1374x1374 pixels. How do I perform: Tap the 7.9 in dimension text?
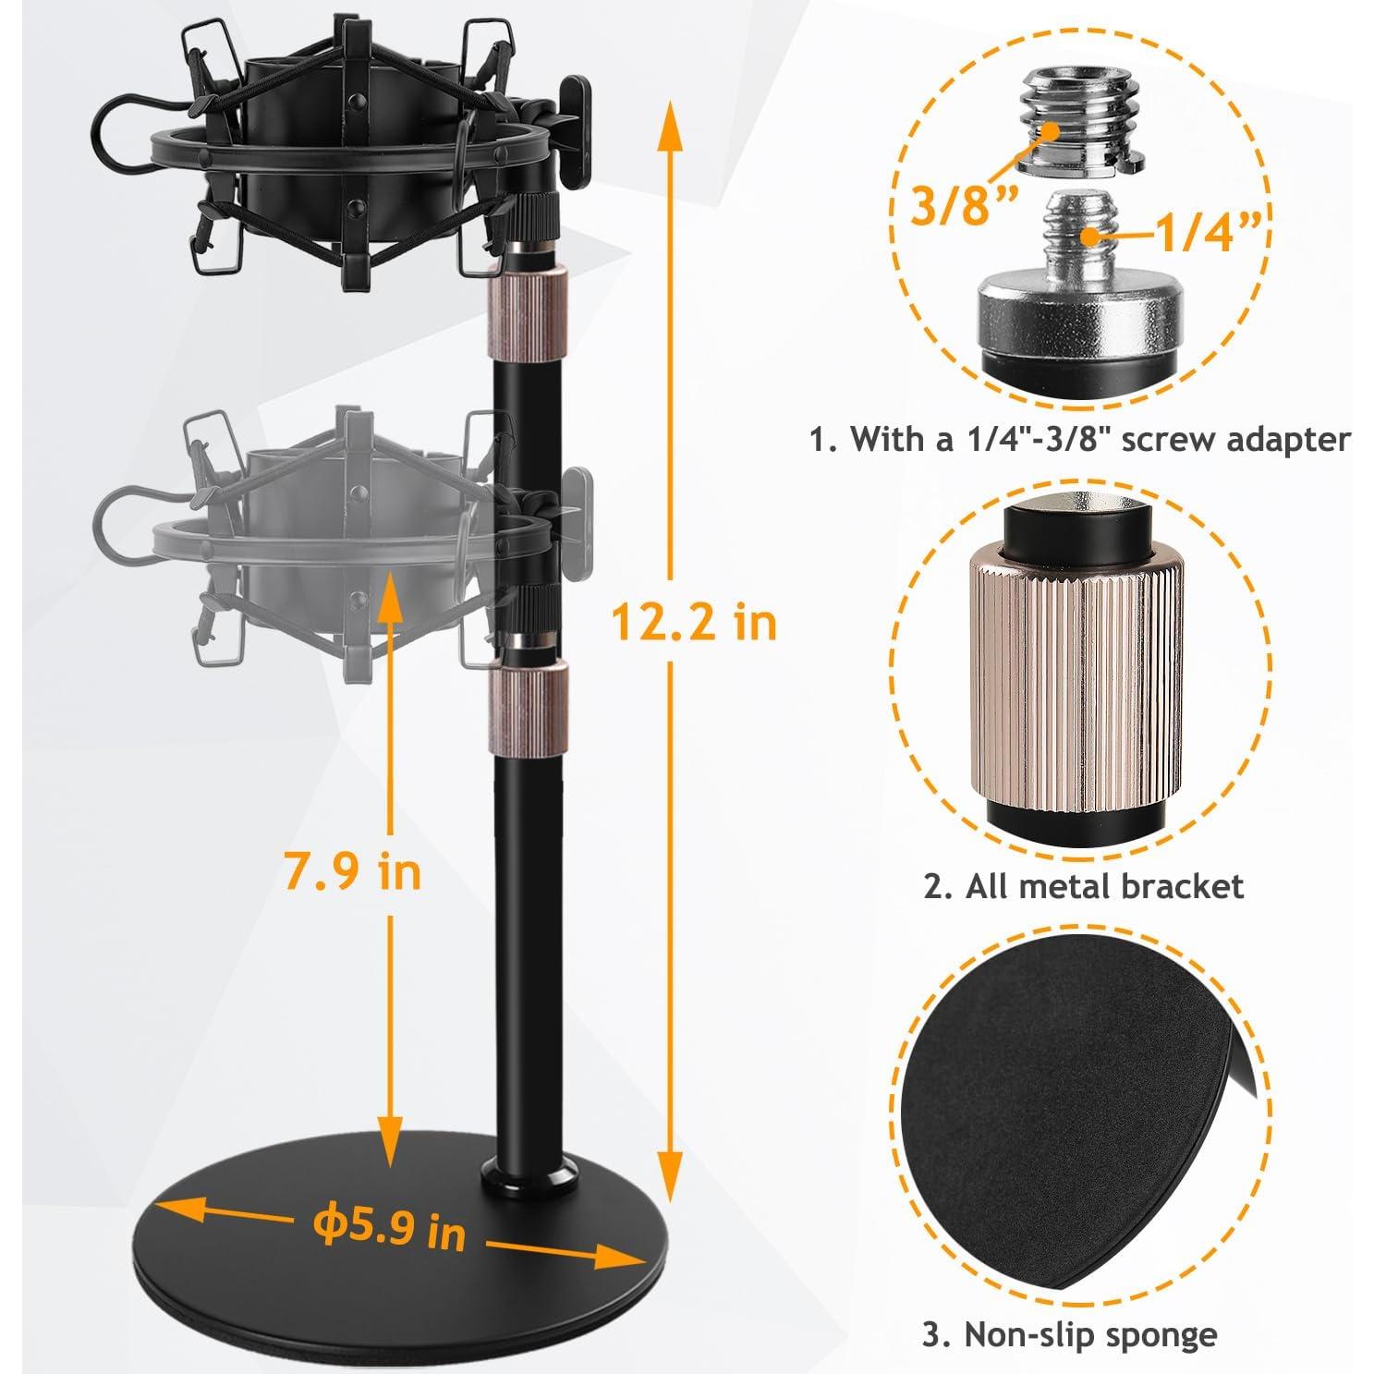[352, 871]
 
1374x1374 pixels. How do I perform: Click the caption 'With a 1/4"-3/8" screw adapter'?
[1079, 439]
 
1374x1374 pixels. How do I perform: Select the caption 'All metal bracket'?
[1083, 886]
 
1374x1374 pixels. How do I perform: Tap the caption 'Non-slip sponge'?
[1069, 1333]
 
